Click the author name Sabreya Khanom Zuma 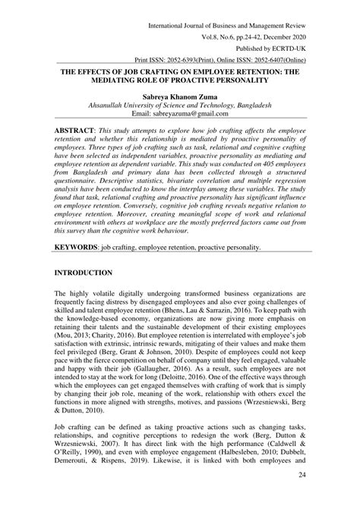tap(180, 98)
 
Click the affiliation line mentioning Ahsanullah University tap(180, 106)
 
